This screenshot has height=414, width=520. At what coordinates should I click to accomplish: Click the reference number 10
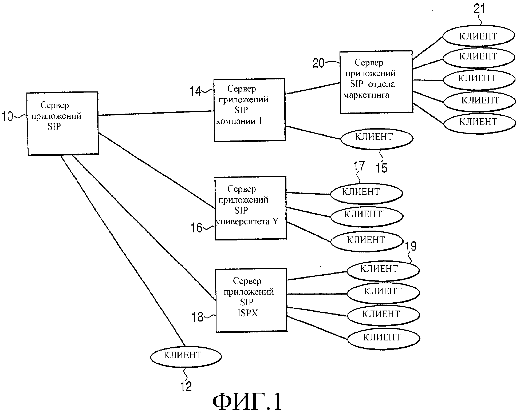[7, 117]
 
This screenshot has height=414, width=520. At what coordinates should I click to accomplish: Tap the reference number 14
[195, 91]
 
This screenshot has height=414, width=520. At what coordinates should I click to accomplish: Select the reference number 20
[318, 63]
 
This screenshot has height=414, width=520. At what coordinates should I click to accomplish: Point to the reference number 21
[479, 9]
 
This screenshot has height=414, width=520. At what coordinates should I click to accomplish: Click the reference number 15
[381, 168]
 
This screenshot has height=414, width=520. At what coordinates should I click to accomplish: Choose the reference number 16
[196, 228]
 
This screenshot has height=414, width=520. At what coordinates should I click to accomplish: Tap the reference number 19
[411, 246]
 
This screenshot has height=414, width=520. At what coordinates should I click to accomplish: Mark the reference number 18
[198, 317]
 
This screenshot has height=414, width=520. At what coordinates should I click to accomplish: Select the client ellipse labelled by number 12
[186, 356]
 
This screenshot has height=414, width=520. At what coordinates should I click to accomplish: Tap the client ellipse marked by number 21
[479, 36]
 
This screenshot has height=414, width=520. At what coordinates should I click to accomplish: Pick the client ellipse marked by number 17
[366, 193]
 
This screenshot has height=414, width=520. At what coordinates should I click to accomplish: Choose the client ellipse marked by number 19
[383, 270]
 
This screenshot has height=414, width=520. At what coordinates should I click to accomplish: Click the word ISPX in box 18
[248, 313]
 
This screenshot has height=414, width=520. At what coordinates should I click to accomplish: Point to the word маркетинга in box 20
[366, 95]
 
